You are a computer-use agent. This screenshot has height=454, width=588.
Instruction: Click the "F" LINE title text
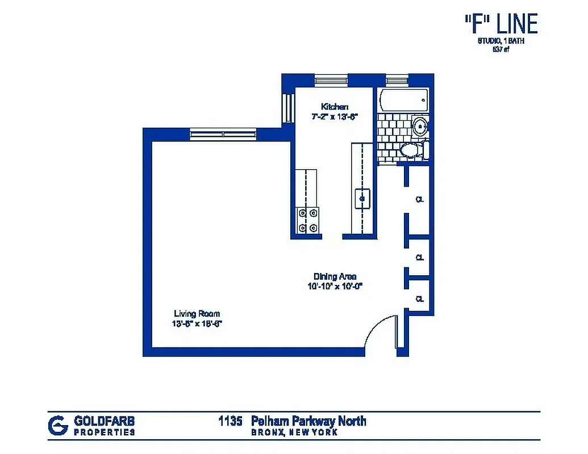(500, 24)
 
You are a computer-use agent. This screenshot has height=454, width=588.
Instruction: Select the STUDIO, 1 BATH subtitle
(500, 41)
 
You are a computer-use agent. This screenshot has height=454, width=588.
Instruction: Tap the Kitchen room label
(335, 107)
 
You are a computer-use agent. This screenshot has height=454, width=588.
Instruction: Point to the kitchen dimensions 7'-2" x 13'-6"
(335, 116)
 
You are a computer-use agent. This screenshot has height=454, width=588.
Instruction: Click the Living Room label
(197, 314)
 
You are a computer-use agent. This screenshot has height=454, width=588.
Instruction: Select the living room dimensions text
(197, 323)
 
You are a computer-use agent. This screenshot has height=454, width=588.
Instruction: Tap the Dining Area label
(335, 276)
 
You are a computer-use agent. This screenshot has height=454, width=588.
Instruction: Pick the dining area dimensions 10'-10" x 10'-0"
(335, 286)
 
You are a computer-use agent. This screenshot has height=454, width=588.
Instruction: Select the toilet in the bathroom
(412, 150)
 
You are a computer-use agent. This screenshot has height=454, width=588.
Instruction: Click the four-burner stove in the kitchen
(308, 220)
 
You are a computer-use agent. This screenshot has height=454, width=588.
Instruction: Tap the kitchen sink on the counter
(362, 199)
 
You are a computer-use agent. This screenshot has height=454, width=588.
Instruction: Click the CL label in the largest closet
(420, 200)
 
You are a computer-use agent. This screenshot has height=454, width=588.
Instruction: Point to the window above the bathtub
(397, 79)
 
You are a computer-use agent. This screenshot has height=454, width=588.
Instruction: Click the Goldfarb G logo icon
(57, 425)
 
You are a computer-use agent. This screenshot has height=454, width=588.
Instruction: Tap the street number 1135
(231, 421)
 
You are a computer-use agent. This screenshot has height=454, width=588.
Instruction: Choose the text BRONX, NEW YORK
(295, 432)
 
